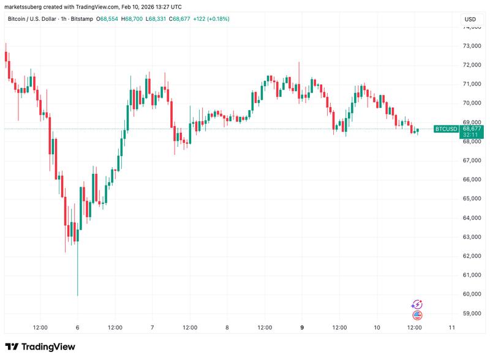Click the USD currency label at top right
(x=470, y=20)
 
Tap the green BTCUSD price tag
(x=446, y=129)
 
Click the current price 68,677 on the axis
(x=472, y=128)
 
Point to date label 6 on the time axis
(x=77, y=328)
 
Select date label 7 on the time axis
(x=152, y=328)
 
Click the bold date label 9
(x=301, y=328)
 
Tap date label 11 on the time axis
(x=451, y=328)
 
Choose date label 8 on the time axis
(x=227, y=328)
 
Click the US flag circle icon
(x=418, y=315)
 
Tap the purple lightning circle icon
(x=418, y=304)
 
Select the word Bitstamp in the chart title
(x=81, y=20)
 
